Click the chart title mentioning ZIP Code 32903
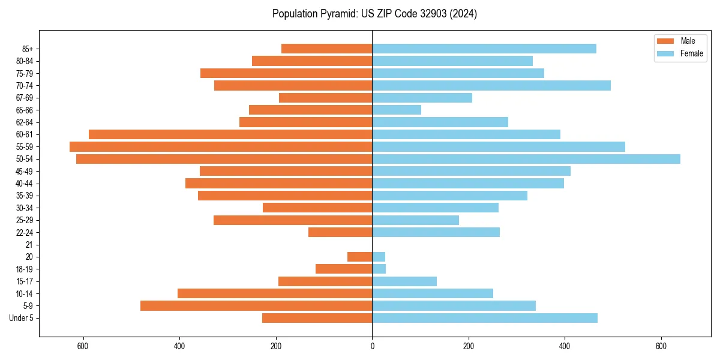point(374,14)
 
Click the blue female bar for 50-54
point(526,159)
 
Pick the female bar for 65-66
point(397,110)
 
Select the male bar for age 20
point(360,257)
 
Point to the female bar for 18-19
point(379,269)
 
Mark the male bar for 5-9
point(256,305)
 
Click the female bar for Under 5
point(485,318)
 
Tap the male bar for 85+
point(327,49)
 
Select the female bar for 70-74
point(491,85)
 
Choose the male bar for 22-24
point(340,232)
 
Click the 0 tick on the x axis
point(372,346)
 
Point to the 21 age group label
point(29,245)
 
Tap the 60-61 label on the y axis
point(24,134)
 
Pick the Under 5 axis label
point(22,318)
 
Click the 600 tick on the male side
point(83,346)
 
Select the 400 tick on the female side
point(565,346)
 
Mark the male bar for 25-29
point(293,220)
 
